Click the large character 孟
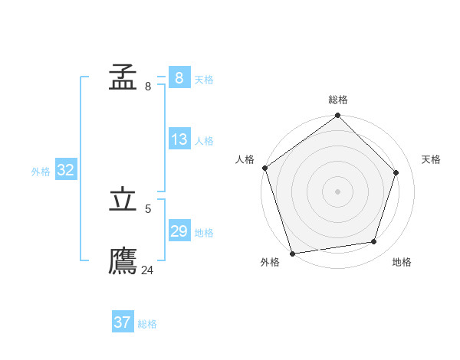(x=123, y=77)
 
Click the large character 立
(x=123, y=199)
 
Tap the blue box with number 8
(x=179, y=78)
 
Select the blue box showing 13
(x=179, y=139)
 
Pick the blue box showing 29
(x=179, y=231)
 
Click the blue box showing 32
(x=65, y=170)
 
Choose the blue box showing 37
(x=122, y=322)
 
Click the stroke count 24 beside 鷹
(x=147, y=270)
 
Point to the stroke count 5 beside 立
(x=148, y=208)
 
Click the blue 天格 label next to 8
(x=204, y=80)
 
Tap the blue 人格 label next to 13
(x=204, y=141)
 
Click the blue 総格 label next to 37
(x=147, y=324)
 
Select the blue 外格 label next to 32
(x=41, y=172)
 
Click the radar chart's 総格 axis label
(x=338, y=100)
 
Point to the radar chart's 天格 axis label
(x=431, y=159)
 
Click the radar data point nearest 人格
(x=264, y=168)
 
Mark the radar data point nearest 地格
(x=374, y=242)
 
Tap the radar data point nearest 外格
(x=292, y=254)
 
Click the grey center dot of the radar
(x=337, y=191)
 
